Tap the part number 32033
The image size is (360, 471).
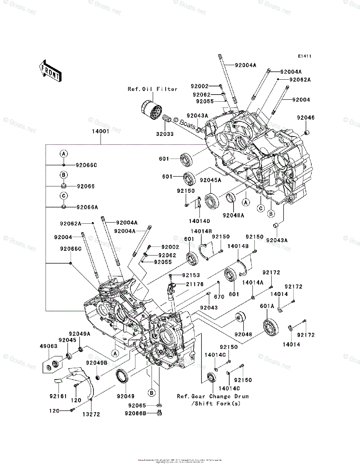pos(164,134)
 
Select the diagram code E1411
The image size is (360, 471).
pos(304,57)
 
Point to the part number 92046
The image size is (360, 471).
pos(305,117)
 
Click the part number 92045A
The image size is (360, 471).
pos(210,180)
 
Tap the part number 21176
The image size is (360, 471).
pos(195,284)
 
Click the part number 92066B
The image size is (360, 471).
pos(135,413)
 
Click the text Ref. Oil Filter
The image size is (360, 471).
pos(152,89)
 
